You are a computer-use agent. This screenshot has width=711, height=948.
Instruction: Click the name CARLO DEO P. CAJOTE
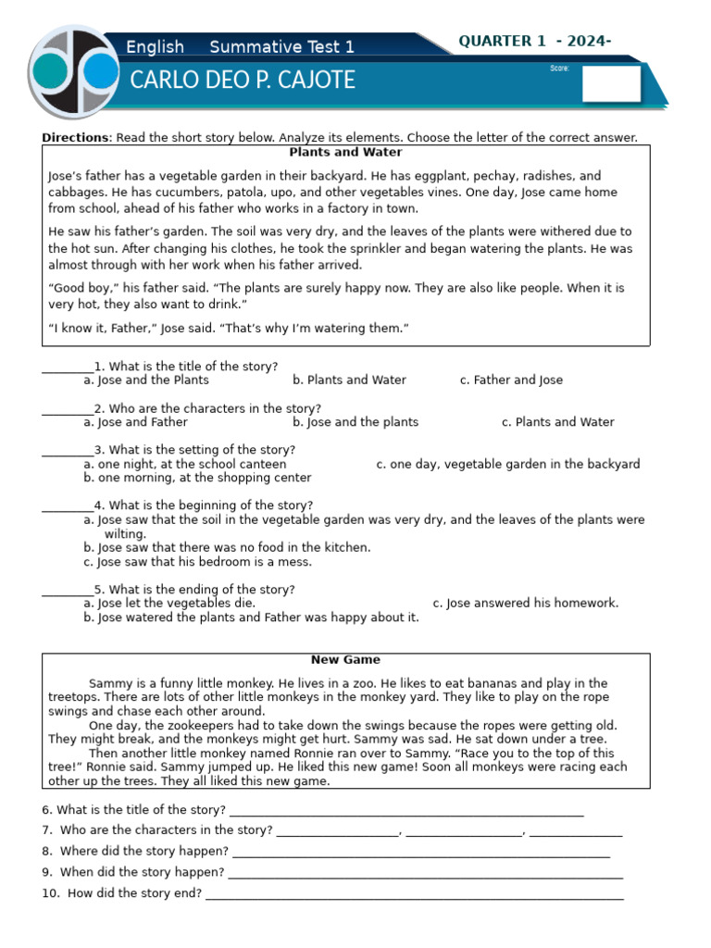243,81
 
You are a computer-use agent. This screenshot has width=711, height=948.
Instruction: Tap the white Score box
611,83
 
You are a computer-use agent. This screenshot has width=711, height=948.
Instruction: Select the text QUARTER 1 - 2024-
535,41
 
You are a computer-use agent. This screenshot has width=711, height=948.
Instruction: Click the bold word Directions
75,138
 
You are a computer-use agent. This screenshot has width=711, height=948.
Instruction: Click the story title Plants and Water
345,152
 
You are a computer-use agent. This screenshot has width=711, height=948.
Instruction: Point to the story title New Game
345,660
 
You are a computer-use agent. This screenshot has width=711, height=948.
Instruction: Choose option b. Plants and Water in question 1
349,380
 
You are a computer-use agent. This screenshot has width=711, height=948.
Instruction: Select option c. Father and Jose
511,380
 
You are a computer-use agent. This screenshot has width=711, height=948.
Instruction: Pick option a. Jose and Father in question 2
135,422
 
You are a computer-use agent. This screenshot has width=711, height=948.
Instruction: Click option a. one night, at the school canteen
184,464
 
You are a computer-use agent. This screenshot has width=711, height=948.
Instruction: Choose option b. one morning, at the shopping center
197,478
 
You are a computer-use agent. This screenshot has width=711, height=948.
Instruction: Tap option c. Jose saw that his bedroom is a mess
197,561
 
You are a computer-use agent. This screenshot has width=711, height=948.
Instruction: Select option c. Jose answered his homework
525,603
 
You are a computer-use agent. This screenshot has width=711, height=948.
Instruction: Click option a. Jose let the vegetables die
169,603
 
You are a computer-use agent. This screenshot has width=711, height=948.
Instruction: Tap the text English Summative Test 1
240,47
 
